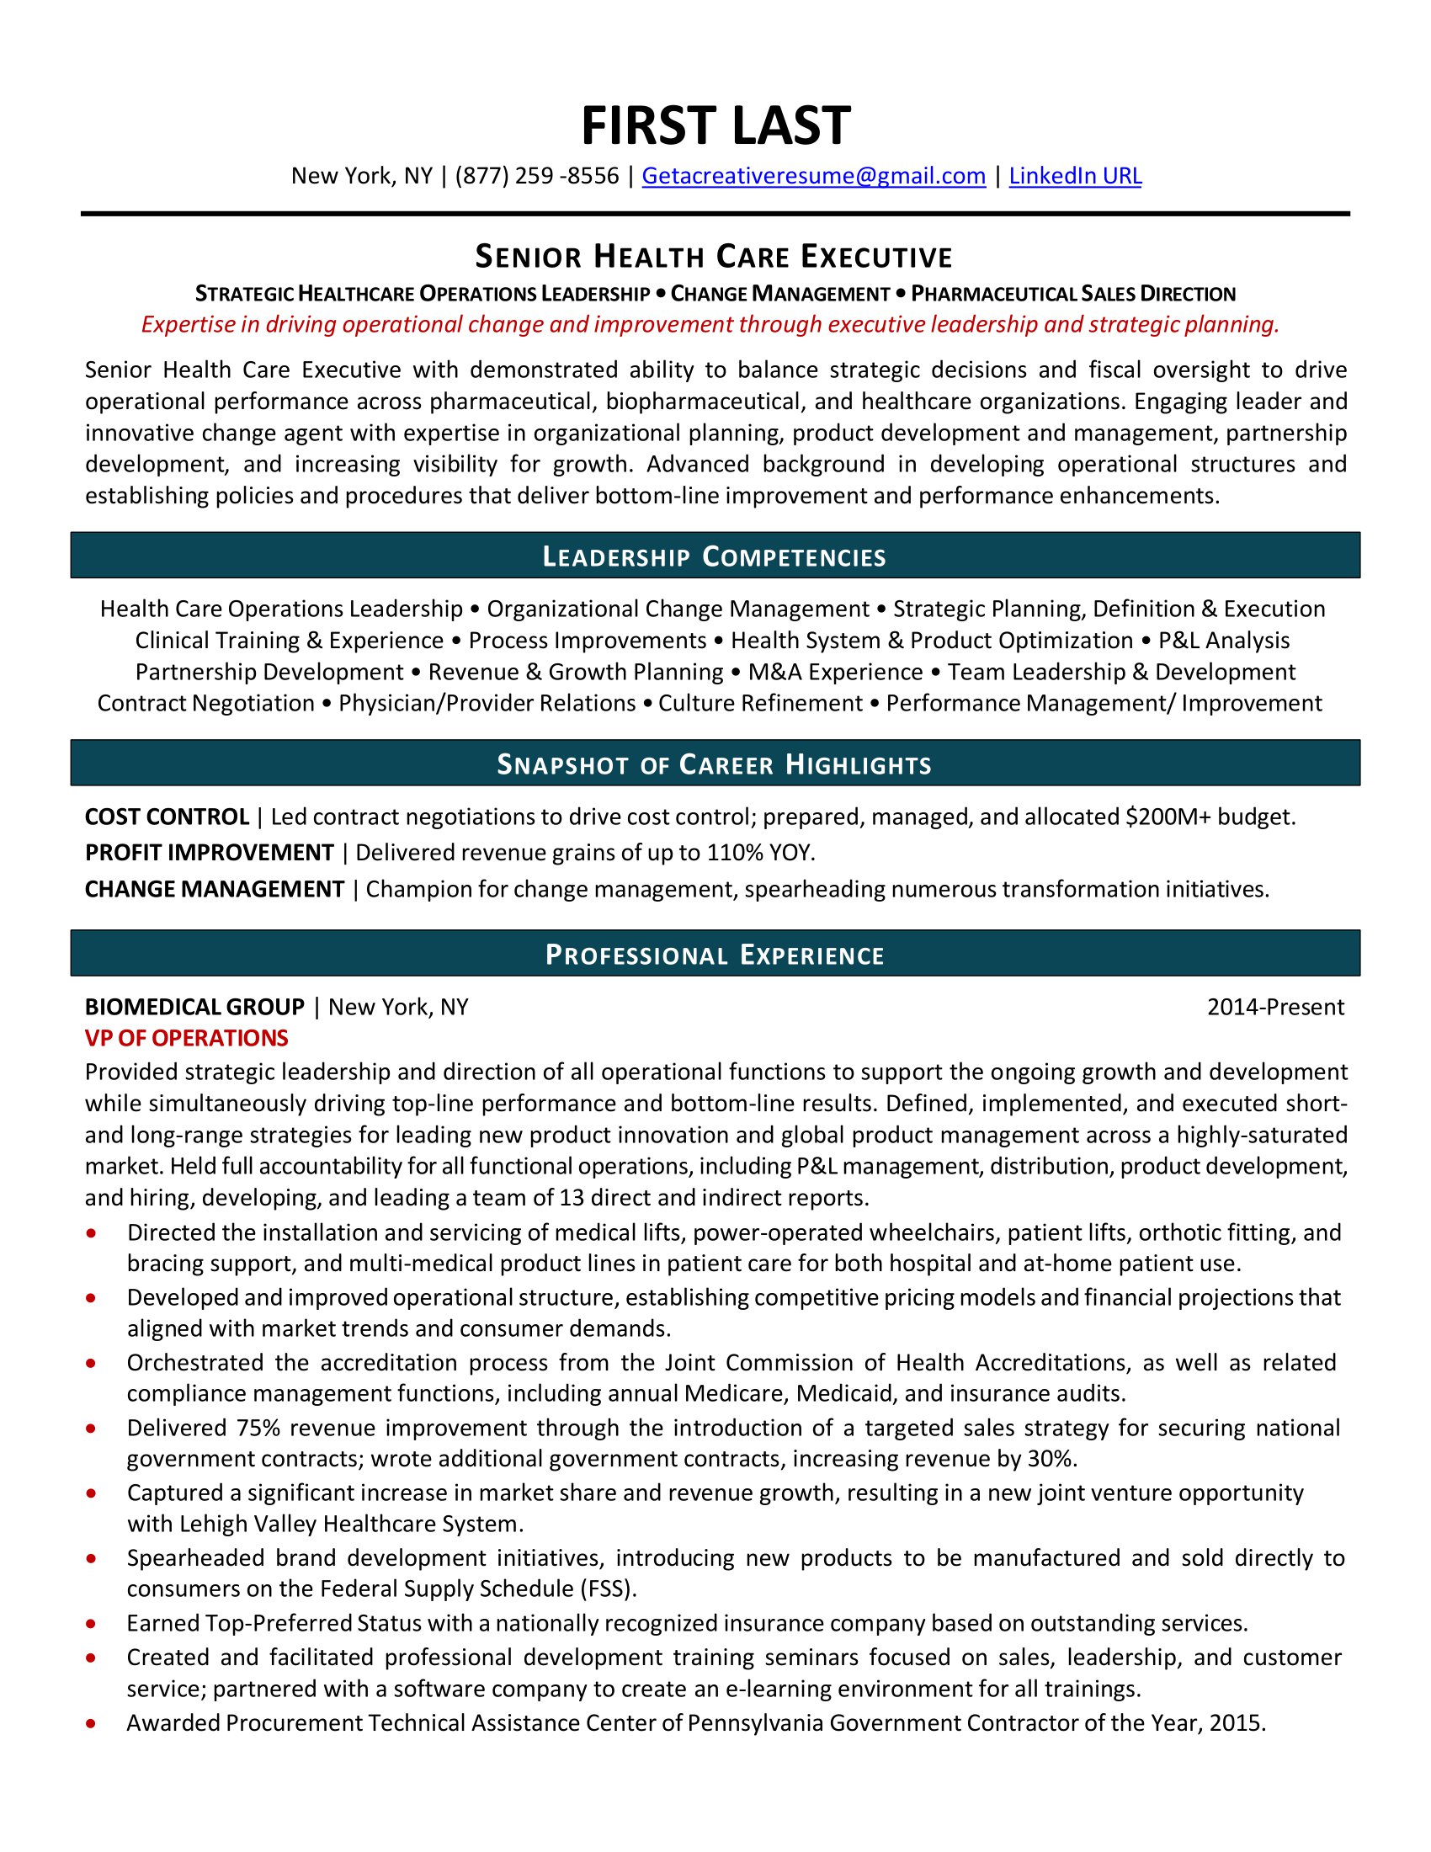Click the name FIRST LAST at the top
[715, 126]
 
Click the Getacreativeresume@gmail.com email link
[813, 176]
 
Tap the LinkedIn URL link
[1074, 176]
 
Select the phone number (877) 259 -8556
[537, 176]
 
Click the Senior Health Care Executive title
[714, 256]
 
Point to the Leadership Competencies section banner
[715, 556]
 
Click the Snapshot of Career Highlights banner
[715, 764]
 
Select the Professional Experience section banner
[715, 955]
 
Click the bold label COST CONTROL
[167, 817]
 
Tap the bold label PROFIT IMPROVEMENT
[210, 852]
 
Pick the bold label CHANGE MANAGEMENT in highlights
[215, 889]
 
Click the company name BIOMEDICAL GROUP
[194, 1007]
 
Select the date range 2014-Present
[1275, 1007]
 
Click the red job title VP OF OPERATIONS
[187, 1038]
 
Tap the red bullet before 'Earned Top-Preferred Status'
[91, 1624]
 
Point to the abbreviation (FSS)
[608, 1589]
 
